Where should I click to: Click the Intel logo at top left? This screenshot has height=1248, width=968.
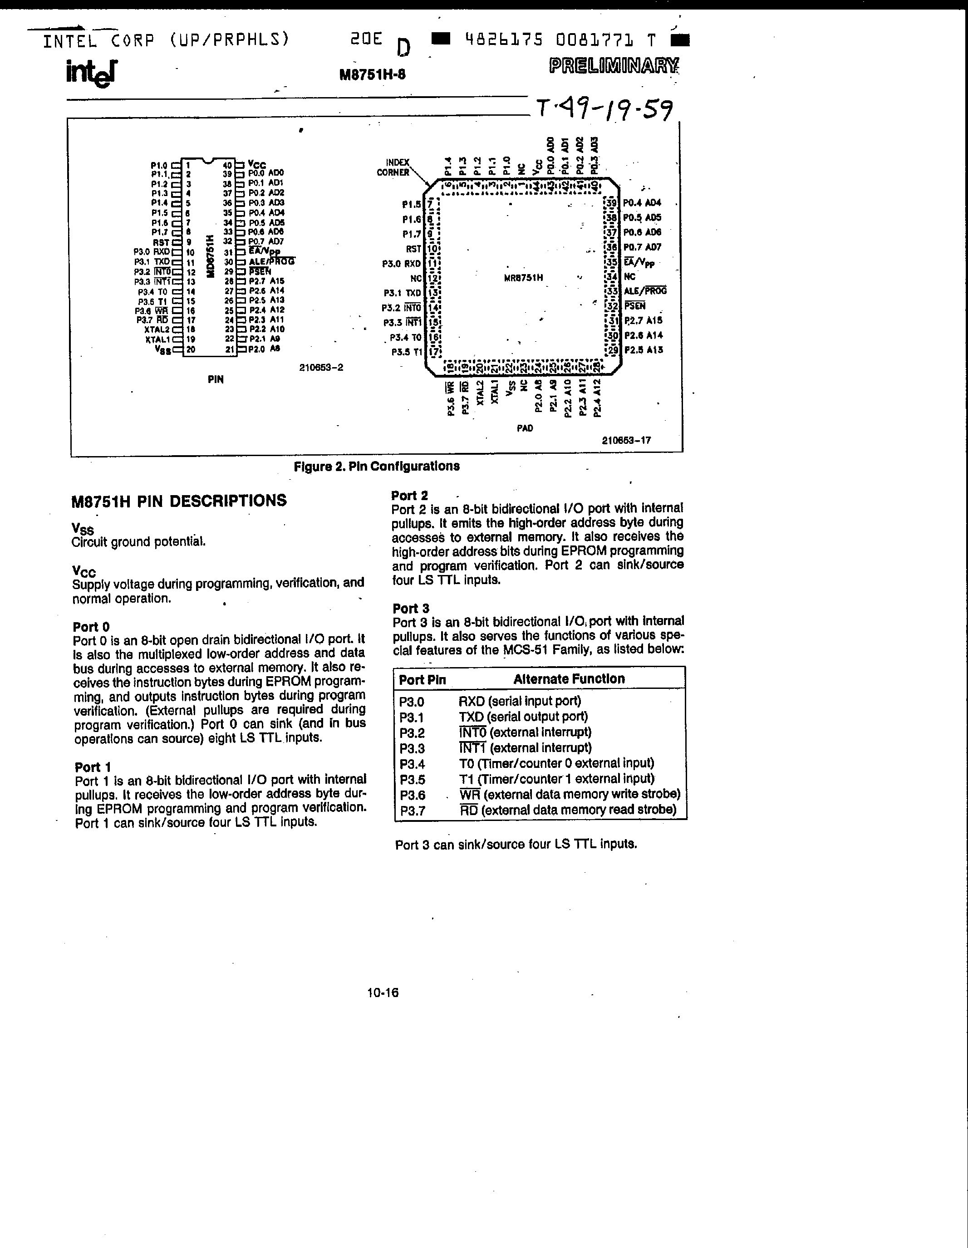click(91, 74)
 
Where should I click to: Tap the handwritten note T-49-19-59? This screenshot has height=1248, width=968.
click(604, 108)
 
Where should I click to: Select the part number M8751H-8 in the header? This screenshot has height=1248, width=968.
click(372, 75)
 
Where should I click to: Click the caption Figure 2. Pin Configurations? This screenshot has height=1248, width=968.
click(376, 466)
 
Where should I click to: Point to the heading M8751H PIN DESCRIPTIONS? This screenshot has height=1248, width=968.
click(179, 501)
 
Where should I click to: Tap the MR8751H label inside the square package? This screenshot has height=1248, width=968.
click(523, 278)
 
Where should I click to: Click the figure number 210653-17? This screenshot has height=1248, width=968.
click(626, 440)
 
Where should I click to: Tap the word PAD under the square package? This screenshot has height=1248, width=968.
click(525, 428)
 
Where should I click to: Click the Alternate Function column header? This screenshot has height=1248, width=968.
click(569, 679)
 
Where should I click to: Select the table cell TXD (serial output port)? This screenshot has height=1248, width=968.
click(523, 717)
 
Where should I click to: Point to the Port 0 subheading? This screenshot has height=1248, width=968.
click(91, 627)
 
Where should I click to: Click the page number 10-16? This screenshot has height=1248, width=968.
click(383, 993)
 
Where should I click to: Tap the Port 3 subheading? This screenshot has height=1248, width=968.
click(410, 609)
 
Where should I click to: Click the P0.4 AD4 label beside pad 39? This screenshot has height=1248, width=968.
click(642, 203)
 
